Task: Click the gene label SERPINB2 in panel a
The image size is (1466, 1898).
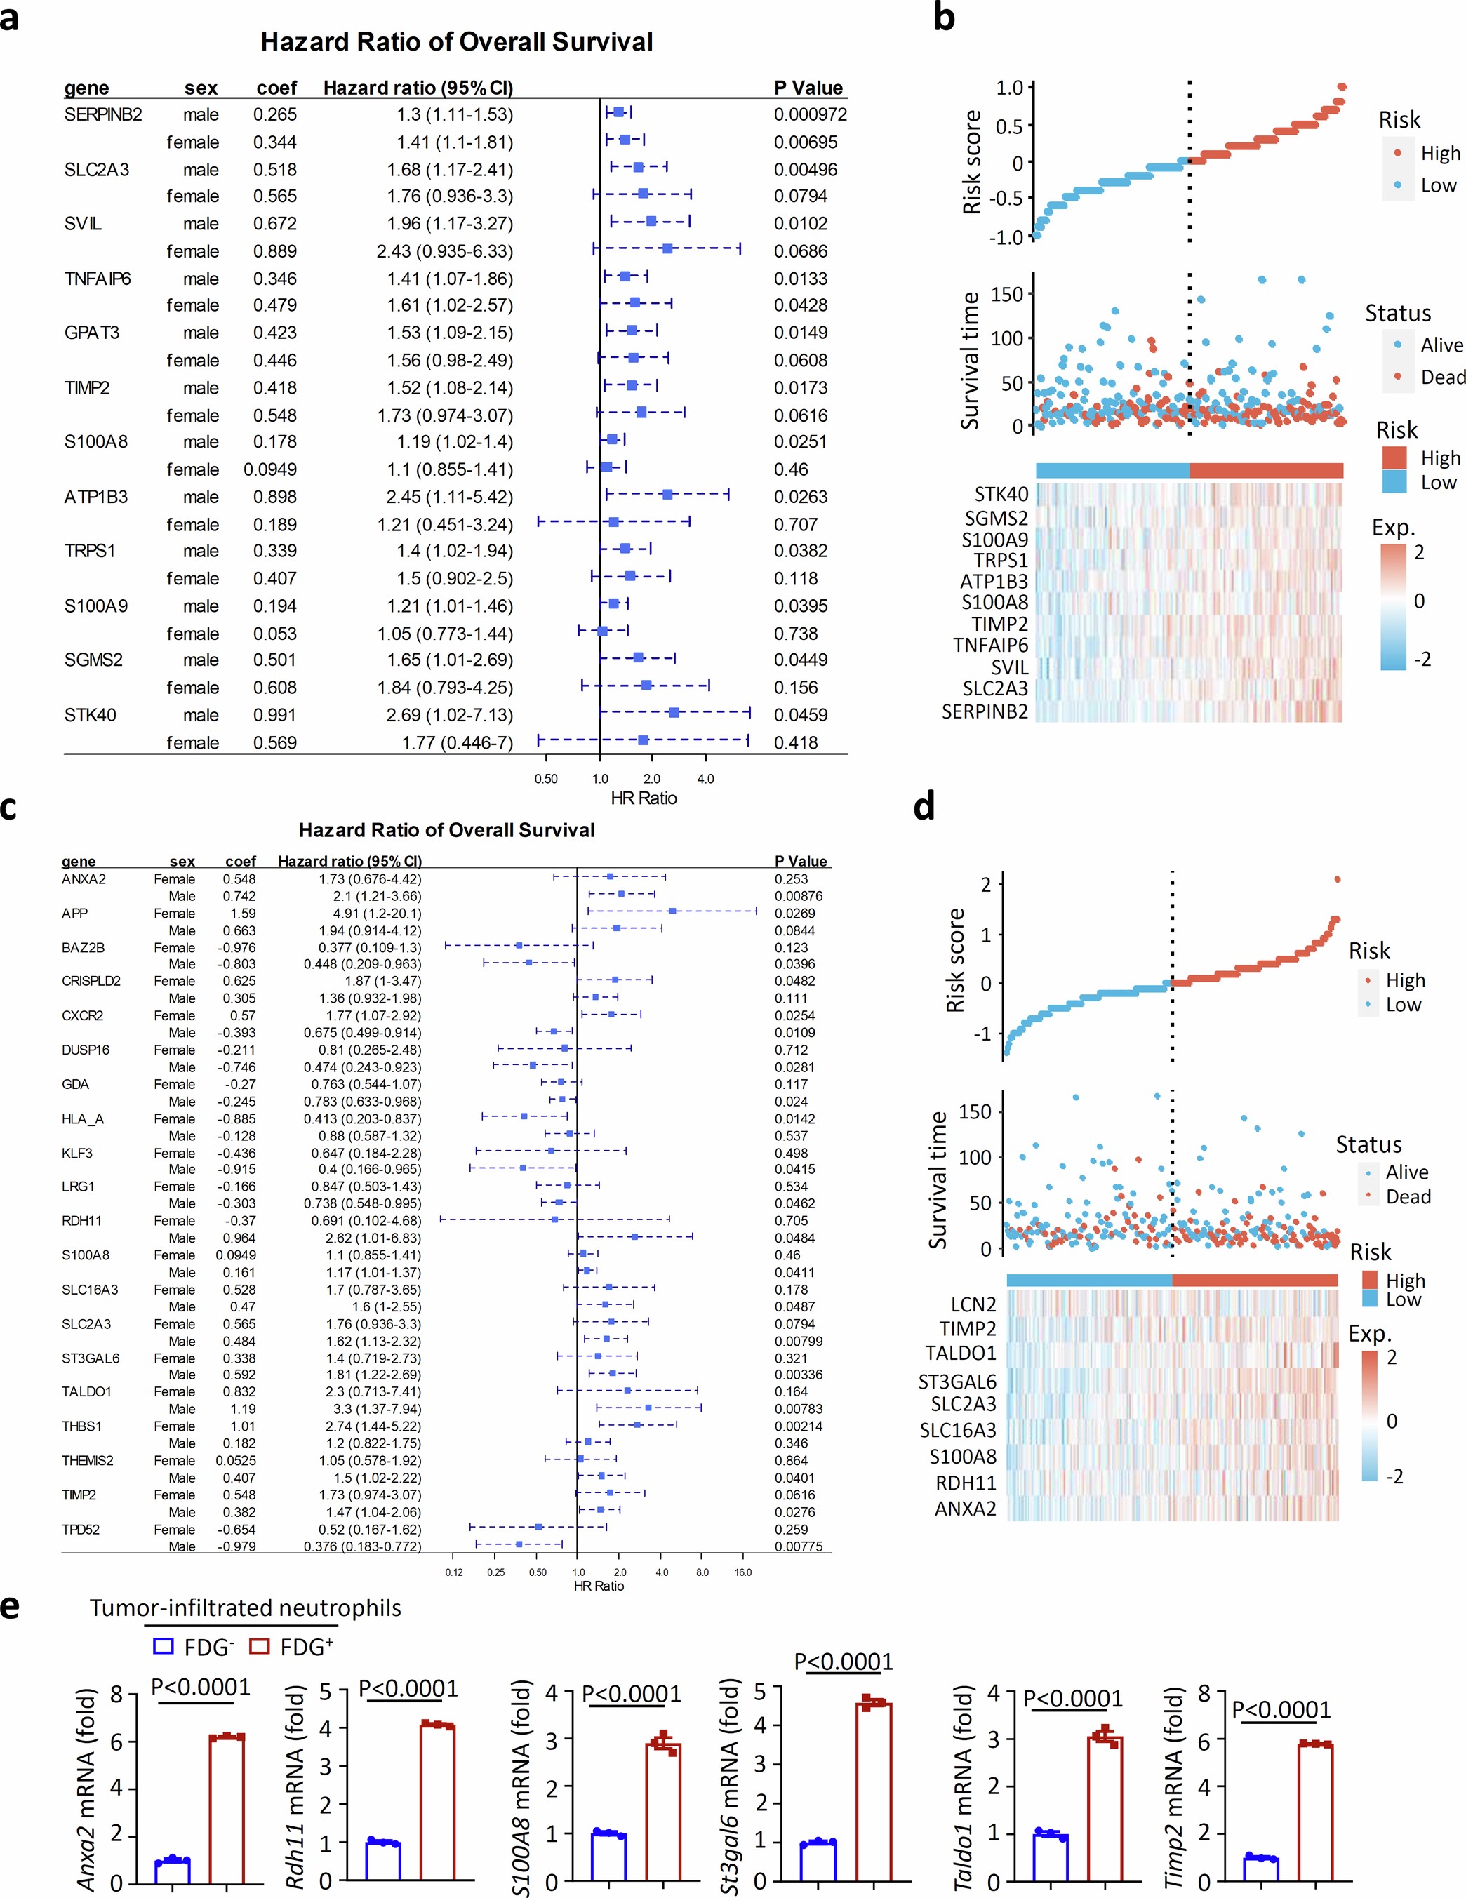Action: [102, 114]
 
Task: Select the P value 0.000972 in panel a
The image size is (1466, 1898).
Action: [810, 114]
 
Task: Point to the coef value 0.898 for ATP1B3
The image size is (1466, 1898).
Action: [274, 497]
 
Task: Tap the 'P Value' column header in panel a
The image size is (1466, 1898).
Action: [808, 88]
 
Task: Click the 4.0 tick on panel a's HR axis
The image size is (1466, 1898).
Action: [705, 779]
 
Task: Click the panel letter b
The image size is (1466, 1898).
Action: [944, 18]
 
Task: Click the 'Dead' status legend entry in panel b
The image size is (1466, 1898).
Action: [1443, 377]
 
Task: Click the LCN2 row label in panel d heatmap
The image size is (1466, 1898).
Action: [973, 1304]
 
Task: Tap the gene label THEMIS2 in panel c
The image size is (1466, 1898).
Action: [87, 1461]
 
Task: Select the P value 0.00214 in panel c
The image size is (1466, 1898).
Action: [799, 1426]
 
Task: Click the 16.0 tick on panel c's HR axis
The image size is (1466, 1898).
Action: [743, 1572]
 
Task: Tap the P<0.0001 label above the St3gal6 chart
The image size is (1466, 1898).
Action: [843, 1662]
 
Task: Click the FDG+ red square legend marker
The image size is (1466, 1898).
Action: [259, 1646]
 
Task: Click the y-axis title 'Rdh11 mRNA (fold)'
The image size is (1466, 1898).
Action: [296, 1786]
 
